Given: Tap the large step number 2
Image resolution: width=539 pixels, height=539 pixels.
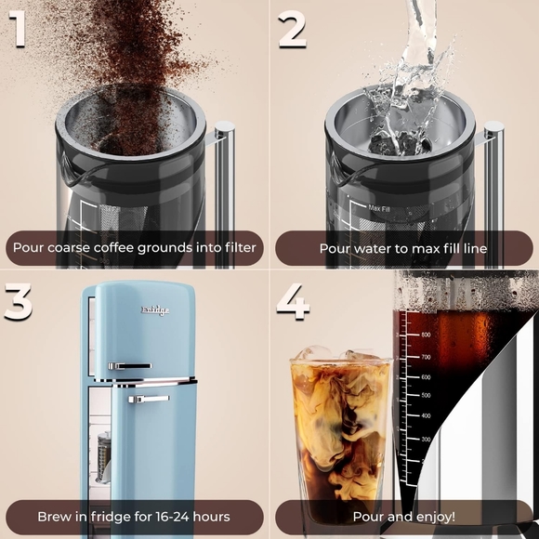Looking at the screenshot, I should [292, 30].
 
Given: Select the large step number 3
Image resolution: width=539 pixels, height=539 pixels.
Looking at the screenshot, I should [18, 302].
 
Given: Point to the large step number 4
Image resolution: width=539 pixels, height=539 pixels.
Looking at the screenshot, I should [292, 302].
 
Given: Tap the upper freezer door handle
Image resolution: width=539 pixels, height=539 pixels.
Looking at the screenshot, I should [127, 366].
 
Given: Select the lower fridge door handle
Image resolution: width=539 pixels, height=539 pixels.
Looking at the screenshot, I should [149, 399].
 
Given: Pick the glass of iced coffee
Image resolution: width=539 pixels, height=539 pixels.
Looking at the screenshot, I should [340, 437].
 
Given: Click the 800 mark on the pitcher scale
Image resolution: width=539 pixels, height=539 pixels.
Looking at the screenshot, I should [425, 334].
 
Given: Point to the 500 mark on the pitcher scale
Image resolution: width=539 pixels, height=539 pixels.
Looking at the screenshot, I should [425, 397].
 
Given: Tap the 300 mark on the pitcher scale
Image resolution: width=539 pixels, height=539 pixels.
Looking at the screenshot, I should [425, 438].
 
